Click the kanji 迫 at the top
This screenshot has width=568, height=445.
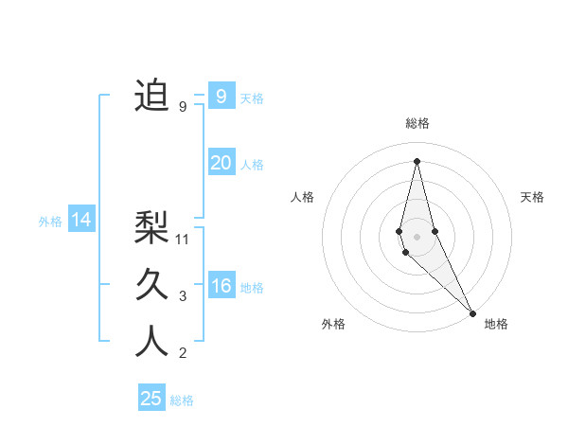(x=151, y=97)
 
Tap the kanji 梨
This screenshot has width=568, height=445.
(x=151, y=228)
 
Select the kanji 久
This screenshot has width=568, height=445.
(x=151, y=285)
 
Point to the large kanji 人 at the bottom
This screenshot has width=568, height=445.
(x=151, y=342)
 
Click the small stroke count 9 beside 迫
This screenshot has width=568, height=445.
(x=183, y=107)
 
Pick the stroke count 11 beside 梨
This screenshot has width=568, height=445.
(x=184, y=240)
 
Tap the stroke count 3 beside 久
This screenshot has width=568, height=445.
(x=183, y=296)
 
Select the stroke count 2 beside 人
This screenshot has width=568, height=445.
(x=183, y=353)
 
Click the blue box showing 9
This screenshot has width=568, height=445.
(x=221, y=97)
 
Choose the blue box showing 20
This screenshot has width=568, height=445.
(x=221, y=163)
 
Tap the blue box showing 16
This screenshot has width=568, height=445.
(x=221, y=286)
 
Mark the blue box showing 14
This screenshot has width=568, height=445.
(x=81, y=220)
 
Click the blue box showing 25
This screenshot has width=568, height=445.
(x=151, y=399)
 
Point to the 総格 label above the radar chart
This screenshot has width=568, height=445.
(x=417, y=123)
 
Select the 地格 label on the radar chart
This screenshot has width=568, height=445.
(x=496, y=325)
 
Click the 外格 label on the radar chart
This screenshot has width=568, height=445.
(x=333, y=325)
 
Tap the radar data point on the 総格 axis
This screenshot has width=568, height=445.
(x=417, y=160)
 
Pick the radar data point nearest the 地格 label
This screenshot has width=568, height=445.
(x=471, y=311)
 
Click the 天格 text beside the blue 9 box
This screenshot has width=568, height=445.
(x=252, y=98)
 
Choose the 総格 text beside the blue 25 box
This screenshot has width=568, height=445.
(x=182, y=400)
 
